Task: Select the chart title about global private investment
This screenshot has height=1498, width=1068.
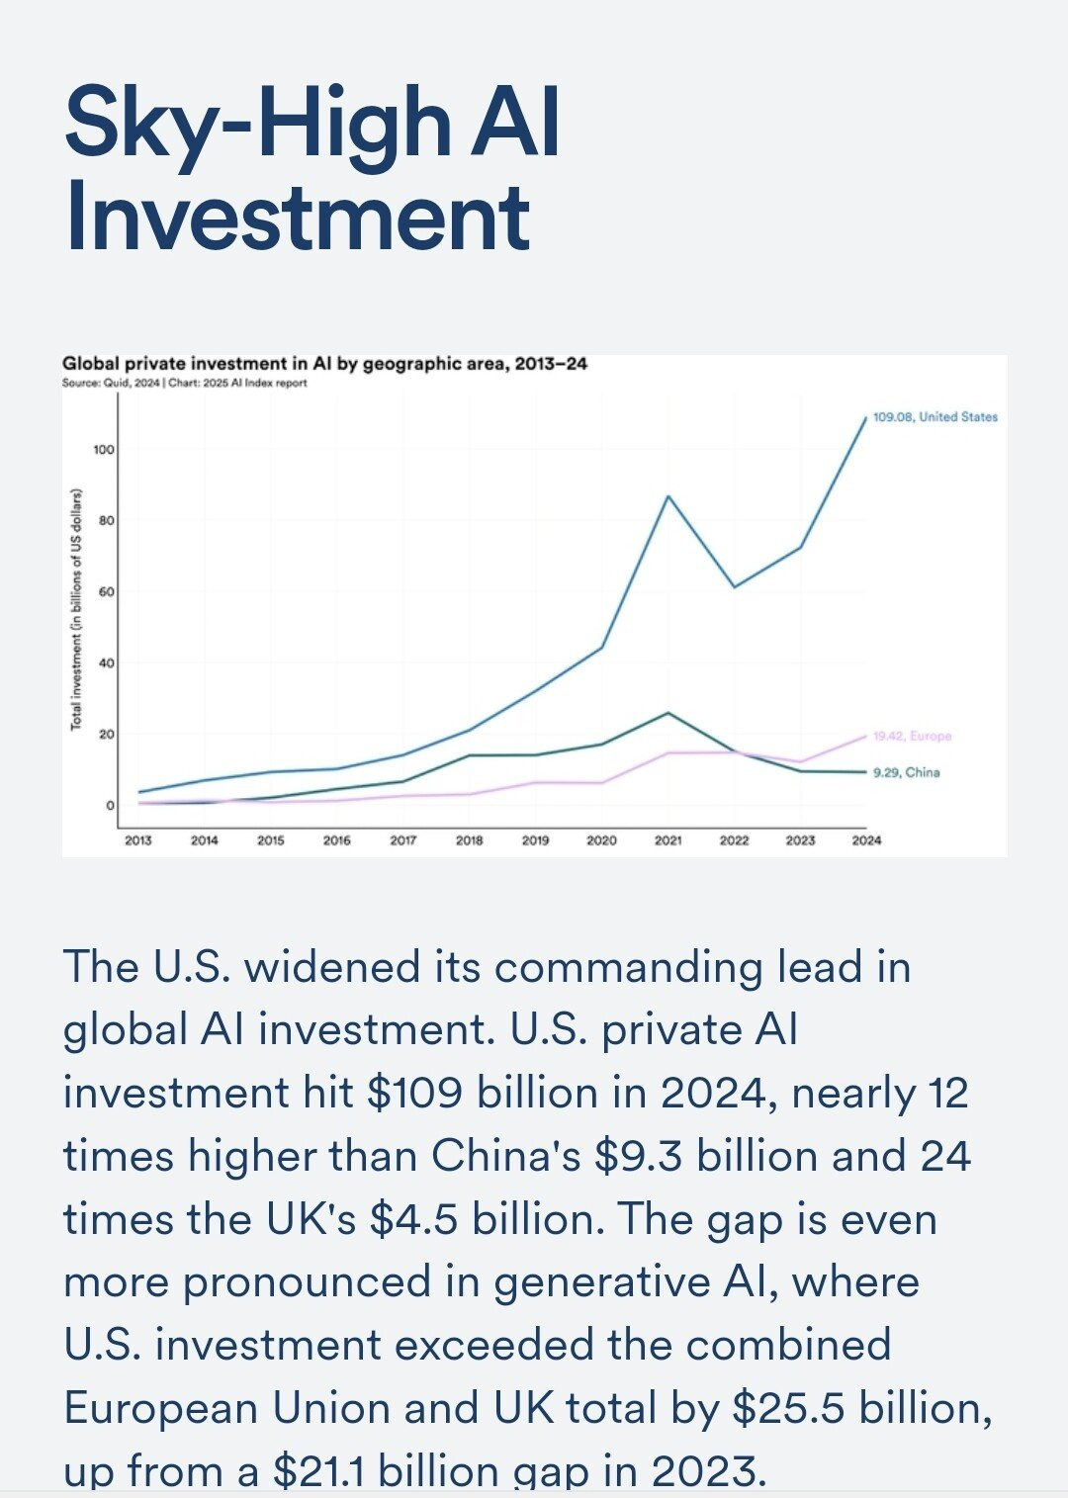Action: click(324, 364)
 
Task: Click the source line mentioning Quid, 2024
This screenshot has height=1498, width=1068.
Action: click(184, 383)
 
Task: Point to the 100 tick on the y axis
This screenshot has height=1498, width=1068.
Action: click(104, 450)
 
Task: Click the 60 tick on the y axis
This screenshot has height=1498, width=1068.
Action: click(106, 592)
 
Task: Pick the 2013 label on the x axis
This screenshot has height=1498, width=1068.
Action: click(138, 840)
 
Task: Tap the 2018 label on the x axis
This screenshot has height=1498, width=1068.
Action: click(469, 840)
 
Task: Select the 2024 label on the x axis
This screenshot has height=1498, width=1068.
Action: click(866, 840)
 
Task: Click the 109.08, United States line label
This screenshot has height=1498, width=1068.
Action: click(934, 417)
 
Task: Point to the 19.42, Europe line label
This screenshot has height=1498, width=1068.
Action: click(912, 737)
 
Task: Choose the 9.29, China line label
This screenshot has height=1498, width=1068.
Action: click(906, 772)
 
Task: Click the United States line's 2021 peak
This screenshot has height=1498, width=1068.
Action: click(668, 496)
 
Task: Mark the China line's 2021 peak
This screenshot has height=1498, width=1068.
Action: click(668, 713)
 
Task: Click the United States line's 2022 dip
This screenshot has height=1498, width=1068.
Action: click(735, 587)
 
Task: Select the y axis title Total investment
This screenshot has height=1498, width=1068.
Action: click(76, 609)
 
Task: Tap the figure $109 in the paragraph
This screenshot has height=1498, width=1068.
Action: click(413, 1094)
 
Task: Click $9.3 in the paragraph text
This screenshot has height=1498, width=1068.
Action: click(638, 1157)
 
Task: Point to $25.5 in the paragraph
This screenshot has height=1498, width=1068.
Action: click(788, 1409)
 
